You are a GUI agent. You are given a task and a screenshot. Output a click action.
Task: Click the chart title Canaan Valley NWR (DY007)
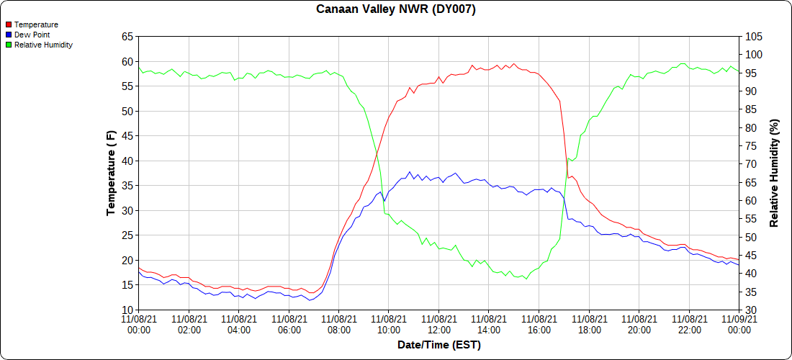pyautogui.click(x=396, y=9)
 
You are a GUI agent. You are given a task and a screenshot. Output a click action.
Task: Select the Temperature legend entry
pyautogui.click(x=36, y=24)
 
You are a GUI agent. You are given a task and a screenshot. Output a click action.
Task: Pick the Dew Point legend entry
pyautogui.click(x=32, y=35)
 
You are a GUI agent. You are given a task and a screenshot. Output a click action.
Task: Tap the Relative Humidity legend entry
pyautogui.click(x=43, y=45)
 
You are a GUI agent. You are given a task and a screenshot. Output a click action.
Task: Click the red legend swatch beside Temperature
pyautogui.click(x=8, y=24)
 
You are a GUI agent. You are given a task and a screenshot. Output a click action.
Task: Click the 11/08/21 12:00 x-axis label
pyautogui.click(x=438, y=323)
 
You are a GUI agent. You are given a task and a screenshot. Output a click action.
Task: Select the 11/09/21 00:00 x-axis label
pyautogui.click(x=739, y=323)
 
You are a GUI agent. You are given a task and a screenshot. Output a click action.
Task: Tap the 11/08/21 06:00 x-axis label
pyautogui.click(x=289, y=323)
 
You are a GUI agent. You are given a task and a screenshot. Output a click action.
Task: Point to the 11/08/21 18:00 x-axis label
pyautogui.click(x=589, y=323)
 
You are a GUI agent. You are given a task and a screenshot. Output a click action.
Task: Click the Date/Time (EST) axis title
pyautogui.click(x=438, y=345)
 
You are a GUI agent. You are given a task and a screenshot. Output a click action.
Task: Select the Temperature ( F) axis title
pyautogui.click(x=111, y=173)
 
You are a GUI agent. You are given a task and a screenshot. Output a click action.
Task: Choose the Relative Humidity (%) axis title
pyautogui.click(x=775, y=173)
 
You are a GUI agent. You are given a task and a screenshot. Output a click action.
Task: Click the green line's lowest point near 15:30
pyautogui.click(x=526, y=279)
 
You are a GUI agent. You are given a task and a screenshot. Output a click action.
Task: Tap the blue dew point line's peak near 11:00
pyautogui.click(x=410, y=172)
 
